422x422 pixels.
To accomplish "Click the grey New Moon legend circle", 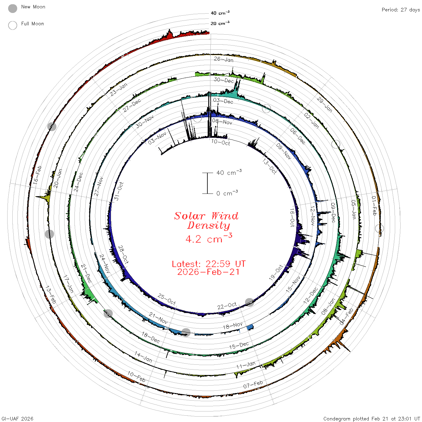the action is coord(12,8).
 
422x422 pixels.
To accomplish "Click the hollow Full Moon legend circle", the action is coord(12,25).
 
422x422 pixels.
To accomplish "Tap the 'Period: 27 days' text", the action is coord(401,10).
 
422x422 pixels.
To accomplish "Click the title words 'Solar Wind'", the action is coord(206,216).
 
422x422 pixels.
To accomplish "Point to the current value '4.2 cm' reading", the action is coord(209,238).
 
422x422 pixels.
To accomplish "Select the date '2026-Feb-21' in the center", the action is coord(208,272).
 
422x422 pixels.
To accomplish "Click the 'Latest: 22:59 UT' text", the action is coord(209,264).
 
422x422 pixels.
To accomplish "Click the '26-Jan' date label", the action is coord(224,59).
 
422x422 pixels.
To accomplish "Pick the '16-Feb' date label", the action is coord(37,175).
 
